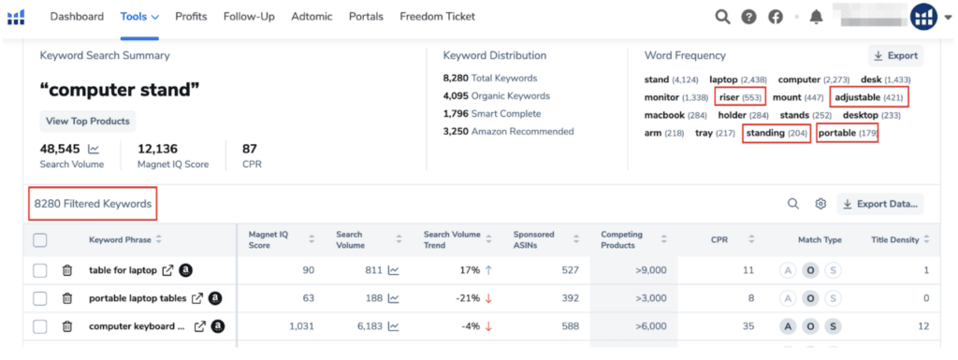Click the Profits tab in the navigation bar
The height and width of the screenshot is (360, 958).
(x=191, y=17)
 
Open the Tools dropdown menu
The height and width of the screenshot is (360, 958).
(x=139, y=17)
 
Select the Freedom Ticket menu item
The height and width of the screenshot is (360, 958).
(x=437, y=17)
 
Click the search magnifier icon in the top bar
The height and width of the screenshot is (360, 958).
(x=722, y=17)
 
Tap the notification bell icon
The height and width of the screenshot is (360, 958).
(x=816, y=17)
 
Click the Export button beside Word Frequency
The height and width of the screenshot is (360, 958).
(x=895, y=55)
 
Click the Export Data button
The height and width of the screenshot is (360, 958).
(x=879, y=203)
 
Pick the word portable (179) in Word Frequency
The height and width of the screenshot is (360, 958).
(x=847, y=134)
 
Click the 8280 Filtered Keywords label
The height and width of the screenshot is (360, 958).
(x=92, y=204)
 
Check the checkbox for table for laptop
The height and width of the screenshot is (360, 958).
(x=39, y=270)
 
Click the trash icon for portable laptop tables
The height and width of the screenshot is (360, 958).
(x=67, y=298)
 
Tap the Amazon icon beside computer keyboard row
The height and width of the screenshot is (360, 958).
(x=218, y=326)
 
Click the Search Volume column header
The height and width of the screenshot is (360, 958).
(x=351, y=240)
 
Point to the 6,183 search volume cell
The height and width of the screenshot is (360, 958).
(x=364, y=326)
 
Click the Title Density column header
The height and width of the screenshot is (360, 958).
(x=895, y=240)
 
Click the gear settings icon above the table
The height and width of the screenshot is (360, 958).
(x=820, y=203)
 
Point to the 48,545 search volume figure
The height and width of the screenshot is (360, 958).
(x=61, y=149)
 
